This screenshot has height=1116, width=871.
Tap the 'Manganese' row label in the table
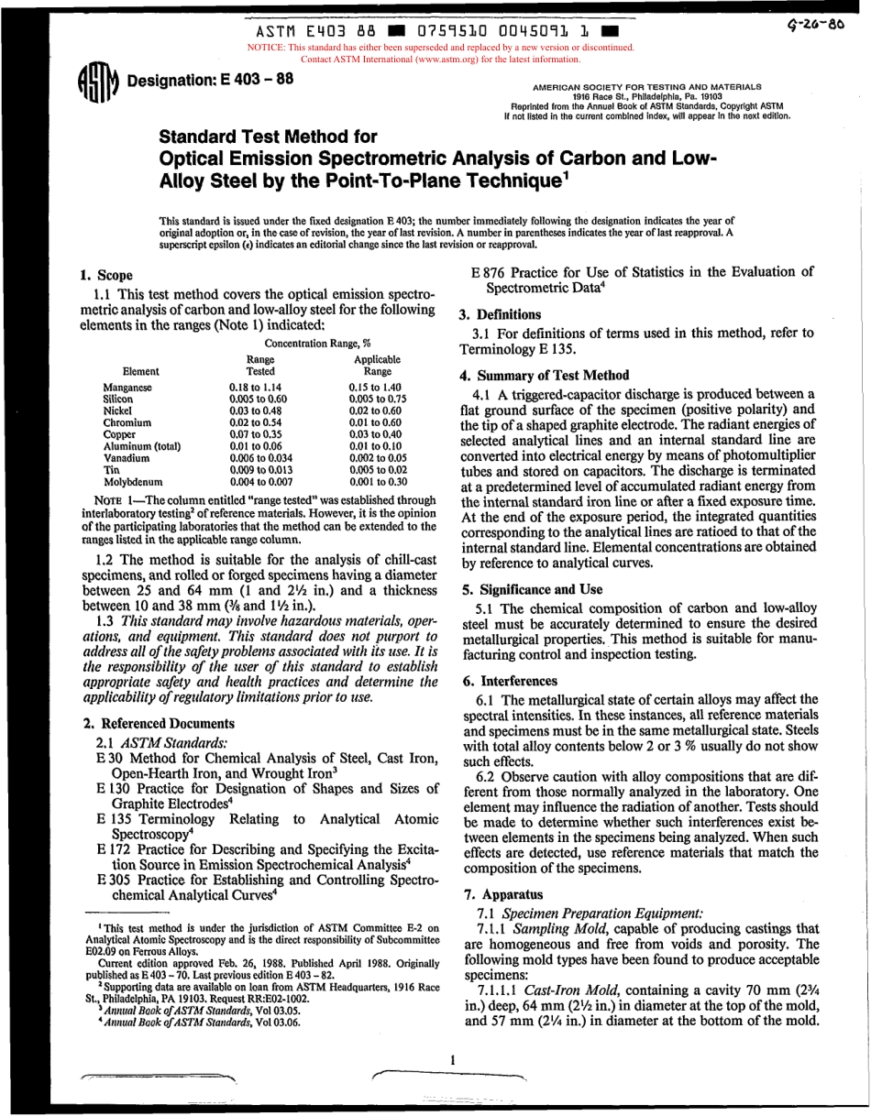(x=127, y=388)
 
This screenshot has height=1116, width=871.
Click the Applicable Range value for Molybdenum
(x=378, y=480)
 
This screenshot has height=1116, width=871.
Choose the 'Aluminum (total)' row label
(x=141, y=445)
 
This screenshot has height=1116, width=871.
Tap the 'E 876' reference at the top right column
(x=489, y=271)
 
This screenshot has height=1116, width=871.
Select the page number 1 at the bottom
(x=453, y=1059)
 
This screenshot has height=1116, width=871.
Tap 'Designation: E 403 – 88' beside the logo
(x=210, y=79)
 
